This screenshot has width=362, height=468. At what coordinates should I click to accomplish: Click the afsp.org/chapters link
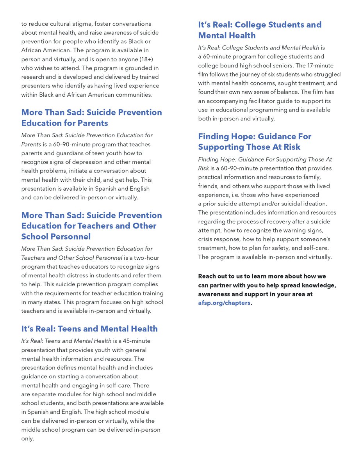point(224,303)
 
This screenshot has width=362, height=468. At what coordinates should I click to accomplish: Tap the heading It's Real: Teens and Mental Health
point(89,329)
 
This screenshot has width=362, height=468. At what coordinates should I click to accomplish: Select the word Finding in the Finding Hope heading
point(214,136)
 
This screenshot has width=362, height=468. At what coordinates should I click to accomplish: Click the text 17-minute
point(318,66)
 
